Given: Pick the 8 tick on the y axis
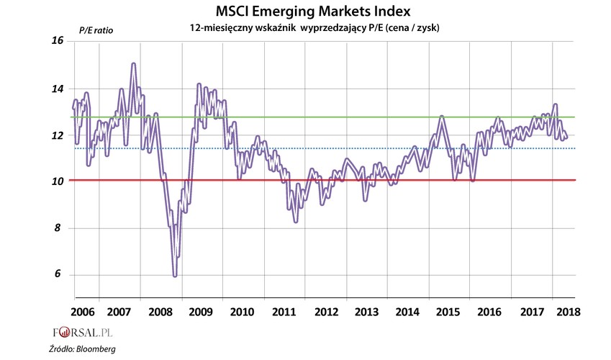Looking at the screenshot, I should (x=60, y=228).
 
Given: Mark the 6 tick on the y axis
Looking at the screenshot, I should (x=60, y=275).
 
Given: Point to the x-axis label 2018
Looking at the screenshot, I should (x=567, y=312).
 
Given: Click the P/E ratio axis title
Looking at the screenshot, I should (x=96, y=30).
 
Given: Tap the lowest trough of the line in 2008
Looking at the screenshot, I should (x=175, y=276).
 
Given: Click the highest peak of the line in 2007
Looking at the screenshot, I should (x=133, y=64).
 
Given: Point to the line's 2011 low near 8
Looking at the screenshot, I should (x=296, y=221).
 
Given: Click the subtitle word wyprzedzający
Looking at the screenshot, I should (x=338, y=27).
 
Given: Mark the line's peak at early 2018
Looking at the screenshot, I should (x=555, y=105).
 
